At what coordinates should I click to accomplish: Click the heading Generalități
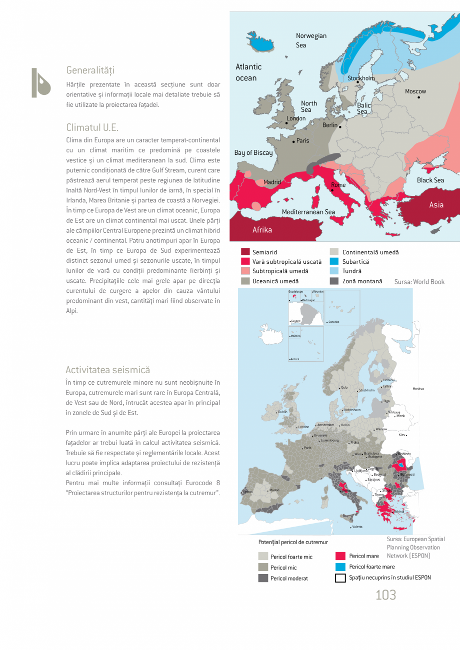point(90,70)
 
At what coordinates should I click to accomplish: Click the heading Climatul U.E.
point(92,127)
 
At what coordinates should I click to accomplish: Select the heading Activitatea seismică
point(107,370)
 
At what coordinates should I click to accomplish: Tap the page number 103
point(385,595)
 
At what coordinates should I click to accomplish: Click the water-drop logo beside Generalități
point(40,82)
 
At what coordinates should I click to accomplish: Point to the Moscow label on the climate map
point(415,91)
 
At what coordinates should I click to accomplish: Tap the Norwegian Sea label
point(310,40)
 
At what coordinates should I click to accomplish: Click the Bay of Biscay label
point(253,153)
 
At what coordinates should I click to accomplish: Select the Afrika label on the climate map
point(262,230)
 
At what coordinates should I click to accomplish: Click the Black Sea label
point(430,180)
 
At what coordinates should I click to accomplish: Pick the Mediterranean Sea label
point(308,212)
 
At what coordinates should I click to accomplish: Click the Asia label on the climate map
point(436,205)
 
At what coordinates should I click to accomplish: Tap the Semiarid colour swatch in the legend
point(245,252)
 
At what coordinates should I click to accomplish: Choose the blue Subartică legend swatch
point(334,262)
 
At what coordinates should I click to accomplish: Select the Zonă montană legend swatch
point(334,281)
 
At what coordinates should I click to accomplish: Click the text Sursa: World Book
point(419,282)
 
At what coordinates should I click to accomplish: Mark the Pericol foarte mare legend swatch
point(340,567)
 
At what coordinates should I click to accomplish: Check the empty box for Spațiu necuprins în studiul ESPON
point(340,578)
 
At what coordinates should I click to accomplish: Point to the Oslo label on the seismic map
point(344,387)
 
